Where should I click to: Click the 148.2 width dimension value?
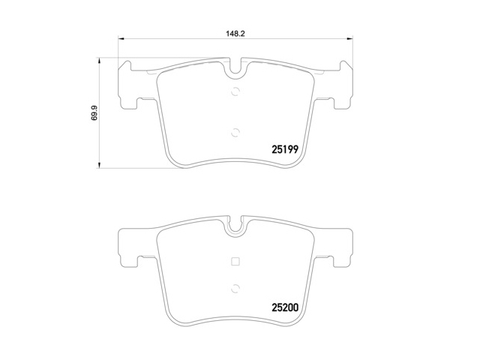(236, 34)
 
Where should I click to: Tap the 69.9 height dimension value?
(94, 112)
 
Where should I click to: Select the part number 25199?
(284, 149)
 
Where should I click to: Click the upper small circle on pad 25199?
(236, 92)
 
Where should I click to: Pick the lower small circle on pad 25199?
(236, 133)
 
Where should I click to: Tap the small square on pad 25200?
(236, 262)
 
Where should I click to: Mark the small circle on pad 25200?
(236, 286)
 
